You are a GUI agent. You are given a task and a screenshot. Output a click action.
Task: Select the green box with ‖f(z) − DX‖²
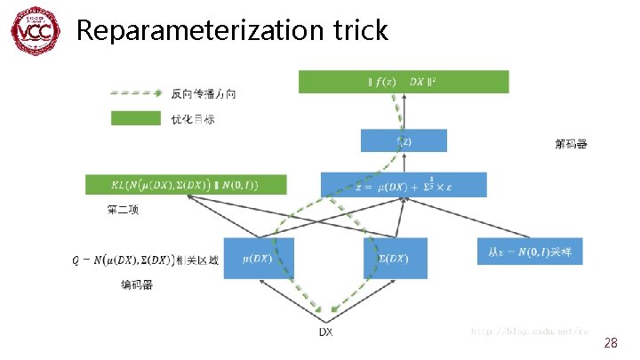(x=404, y=82)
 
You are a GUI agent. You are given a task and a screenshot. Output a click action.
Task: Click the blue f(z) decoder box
(x=404, y=140)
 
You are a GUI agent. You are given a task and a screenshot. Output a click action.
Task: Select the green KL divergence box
(x=186, y=184)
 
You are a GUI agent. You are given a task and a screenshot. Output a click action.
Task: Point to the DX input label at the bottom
(x=326, y=332)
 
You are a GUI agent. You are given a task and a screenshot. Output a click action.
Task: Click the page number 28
(x=610, y=342)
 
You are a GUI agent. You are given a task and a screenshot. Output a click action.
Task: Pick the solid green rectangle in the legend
(x=133, y=117)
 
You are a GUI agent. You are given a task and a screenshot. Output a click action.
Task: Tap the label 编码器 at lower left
(x=138, y=284)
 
